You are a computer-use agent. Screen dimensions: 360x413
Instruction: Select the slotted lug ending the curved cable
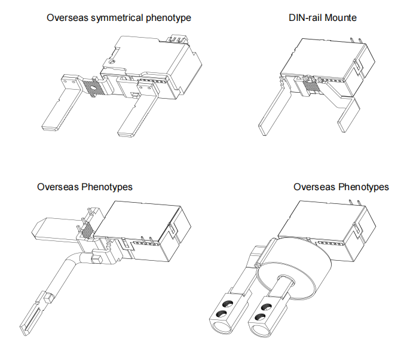click(x=34, y=315)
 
